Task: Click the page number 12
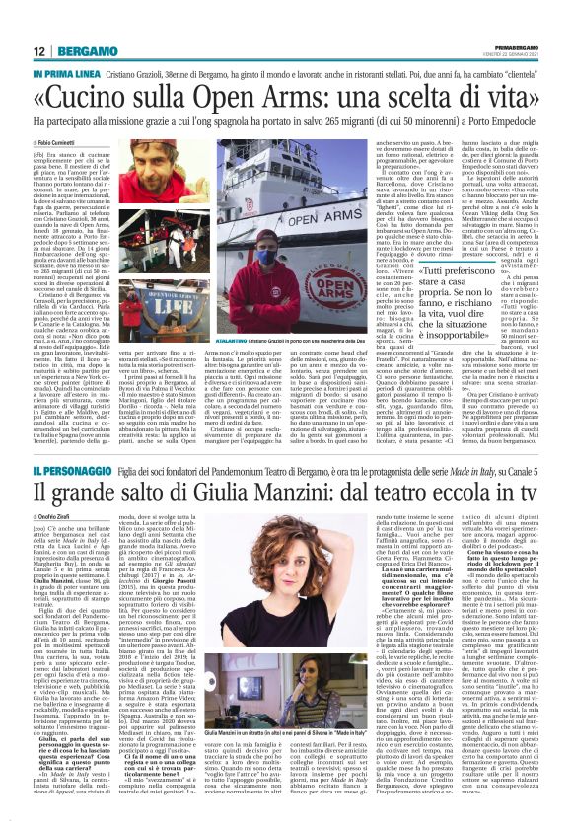click(37, 51)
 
